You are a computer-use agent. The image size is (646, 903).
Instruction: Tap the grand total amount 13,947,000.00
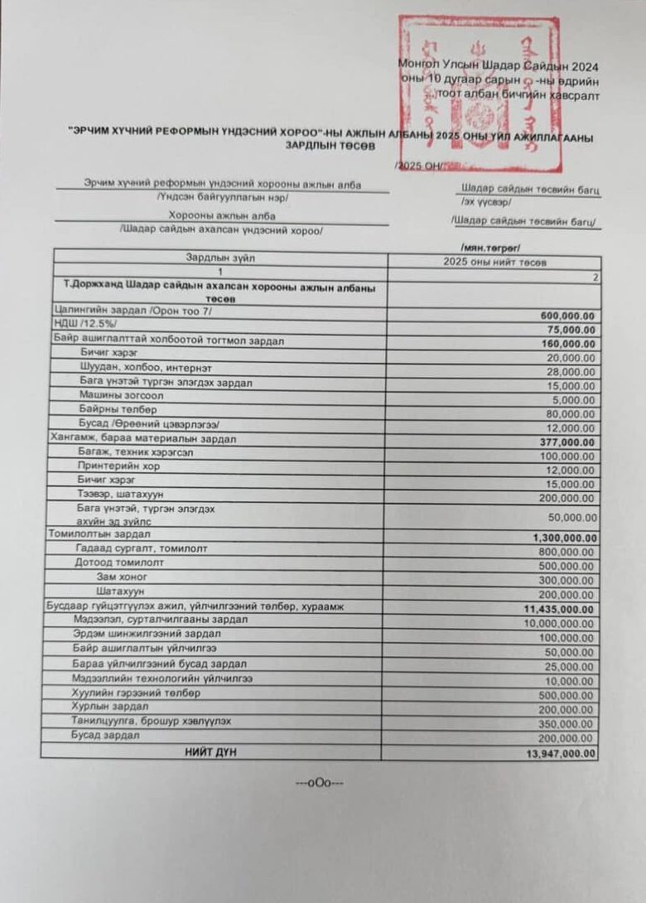click(561, 753)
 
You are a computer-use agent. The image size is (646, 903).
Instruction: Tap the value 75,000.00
click(571, 329)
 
